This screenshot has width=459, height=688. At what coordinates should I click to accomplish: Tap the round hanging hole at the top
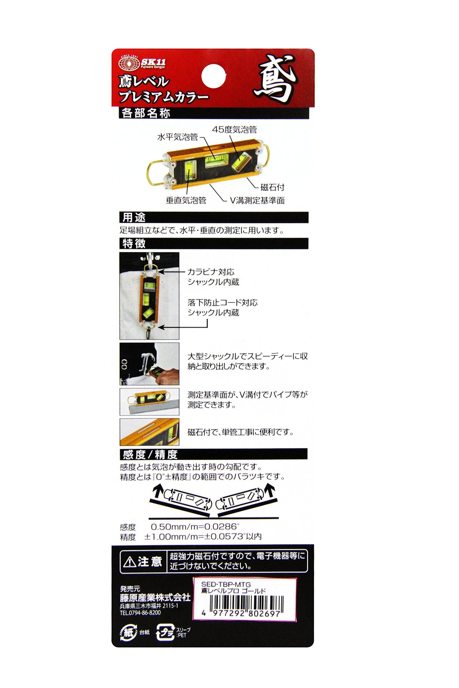214,76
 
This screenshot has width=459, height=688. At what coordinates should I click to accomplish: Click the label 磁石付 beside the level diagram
272,187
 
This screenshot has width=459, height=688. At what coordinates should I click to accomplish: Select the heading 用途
134,217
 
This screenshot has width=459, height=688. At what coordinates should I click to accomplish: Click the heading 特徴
134,243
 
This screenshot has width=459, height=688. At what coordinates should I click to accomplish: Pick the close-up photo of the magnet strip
149,432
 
